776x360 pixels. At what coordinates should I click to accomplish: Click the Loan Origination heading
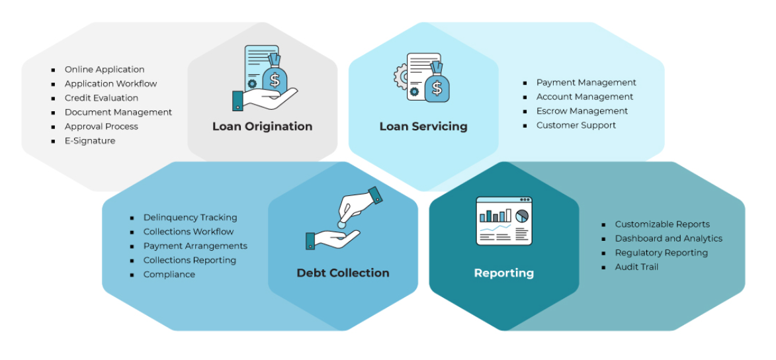[x=262, y=126]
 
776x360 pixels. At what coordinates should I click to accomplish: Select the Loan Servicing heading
[x=423, y=126]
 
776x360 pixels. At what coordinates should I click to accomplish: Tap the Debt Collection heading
[x=343, y=273]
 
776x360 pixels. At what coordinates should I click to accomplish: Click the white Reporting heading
[x=503, y=273]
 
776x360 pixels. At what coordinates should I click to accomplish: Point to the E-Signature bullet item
[x=89, y=141]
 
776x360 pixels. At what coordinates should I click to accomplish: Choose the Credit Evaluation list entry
[x=101, y=98]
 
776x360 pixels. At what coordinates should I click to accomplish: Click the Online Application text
[x=104, y=69]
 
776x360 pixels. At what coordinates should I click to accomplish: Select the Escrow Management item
[x=582, y=111]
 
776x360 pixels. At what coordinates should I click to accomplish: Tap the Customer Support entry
[x=576, y=125]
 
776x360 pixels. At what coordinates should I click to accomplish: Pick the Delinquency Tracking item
[x=190, y=218]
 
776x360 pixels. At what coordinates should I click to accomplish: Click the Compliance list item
[x=169, y=275]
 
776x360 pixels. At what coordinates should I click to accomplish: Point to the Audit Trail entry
[x=636, y=267]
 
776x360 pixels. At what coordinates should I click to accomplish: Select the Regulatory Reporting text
[x=661, y=253]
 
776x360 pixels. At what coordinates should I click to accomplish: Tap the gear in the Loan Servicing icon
[x=400, y=77]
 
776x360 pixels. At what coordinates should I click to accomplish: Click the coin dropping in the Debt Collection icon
[x=341, y=225]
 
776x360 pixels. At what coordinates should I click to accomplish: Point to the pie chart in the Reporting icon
[x=522, y=216]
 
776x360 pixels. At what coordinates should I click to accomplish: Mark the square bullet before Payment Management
[x=525, y=83]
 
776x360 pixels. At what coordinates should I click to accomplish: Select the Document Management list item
[x=118, y=112]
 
